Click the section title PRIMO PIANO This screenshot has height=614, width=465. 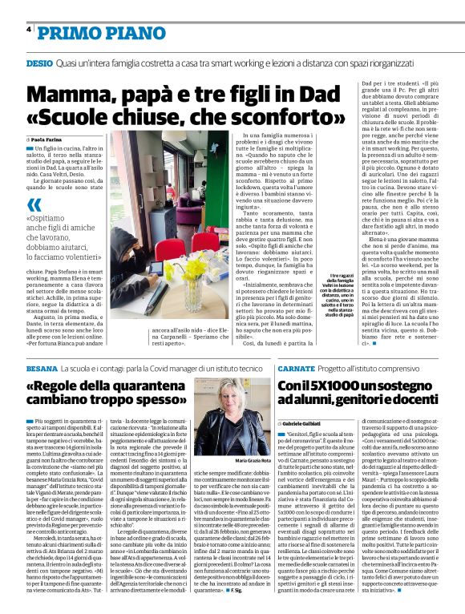tap(91, 31)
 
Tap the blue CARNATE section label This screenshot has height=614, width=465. tap(298, 366)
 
